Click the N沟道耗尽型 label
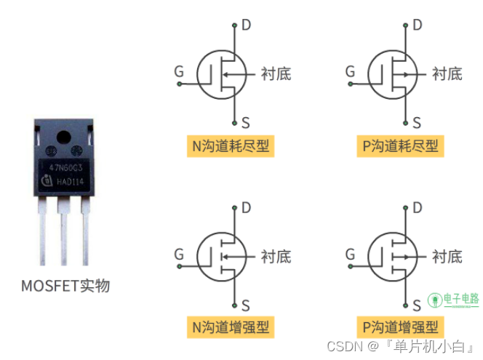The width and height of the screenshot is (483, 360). (x=231, y=146)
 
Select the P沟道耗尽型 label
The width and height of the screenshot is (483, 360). (x=401, y=146)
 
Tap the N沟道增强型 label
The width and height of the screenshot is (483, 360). (x=231, y=327)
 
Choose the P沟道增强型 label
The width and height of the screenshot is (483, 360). (x=401, y=327)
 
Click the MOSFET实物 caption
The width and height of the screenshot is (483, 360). (x=65, y=286)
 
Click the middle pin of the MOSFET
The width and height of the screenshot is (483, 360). (x=64, y=233)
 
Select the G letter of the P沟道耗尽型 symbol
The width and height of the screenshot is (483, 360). (x=351, y=71)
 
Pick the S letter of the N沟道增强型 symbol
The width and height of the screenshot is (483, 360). (x=245, y=305)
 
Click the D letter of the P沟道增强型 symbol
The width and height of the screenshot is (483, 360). (x=417, y=209)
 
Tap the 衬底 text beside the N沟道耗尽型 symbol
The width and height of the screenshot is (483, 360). (x=276, y=73)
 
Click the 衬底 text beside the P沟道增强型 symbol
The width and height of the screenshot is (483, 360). (x=447, y=256)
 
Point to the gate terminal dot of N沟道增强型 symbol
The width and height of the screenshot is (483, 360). (x=179, y=265)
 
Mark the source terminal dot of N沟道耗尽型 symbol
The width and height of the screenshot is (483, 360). (x=235, y=121)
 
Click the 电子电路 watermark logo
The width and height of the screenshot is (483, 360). (x=453, y=300)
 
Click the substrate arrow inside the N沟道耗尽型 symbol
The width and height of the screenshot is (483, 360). (x=228, y=73)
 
